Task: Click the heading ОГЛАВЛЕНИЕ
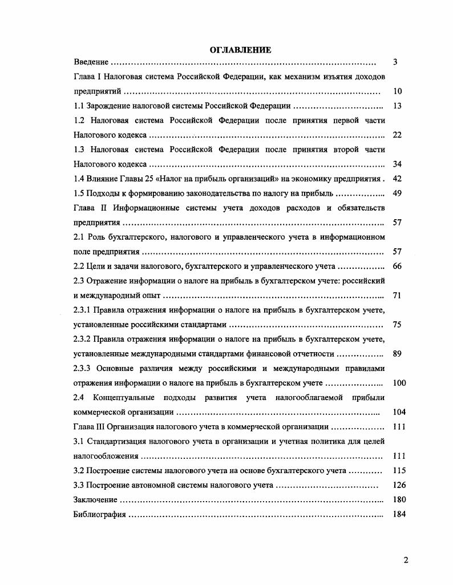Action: click(x=240, y=50)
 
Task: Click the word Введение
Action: click(x=91, y=62)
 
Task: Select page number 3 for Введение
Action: click(x=395, y=62)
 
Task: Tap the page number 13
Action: click(x=398, y=106)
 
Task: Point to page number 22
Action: click(x=398, y=135)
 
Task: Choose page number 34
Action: click(x=398, y=164)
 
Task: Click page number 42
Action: click(x=398, y=179)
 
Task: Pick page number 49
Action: click(x=398, y=193)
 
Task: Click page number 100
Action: click(x=399, y=383)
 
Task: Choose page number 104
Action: click(x=399, y=412)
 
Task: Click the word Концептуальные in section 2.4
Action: click(x=122, y=398)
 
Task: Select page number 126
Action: click(x=399, y=485)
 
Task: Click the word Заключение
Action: click(x=96, y=500)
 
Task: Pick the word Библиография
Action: click(x=99, y=514)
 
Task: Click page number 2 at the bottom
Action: click(x=406, y=560)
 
